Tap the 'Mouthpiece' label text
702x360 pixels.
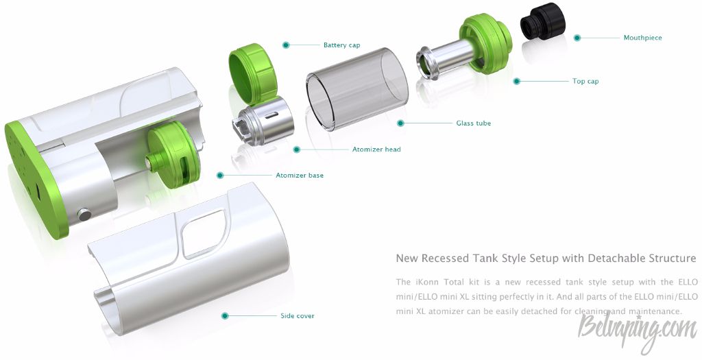[x=642, y=38]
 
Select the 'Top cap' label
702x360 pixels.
[x=585, y=81]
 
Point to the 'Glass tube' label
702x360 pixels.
[x=473, y=123]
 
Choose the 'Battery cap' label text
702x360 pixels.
[x=341, y=45]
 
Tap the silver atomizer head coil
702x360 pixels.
[x=263, y=120]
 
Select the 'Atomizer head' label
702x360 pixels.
[x=376, y=149]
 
